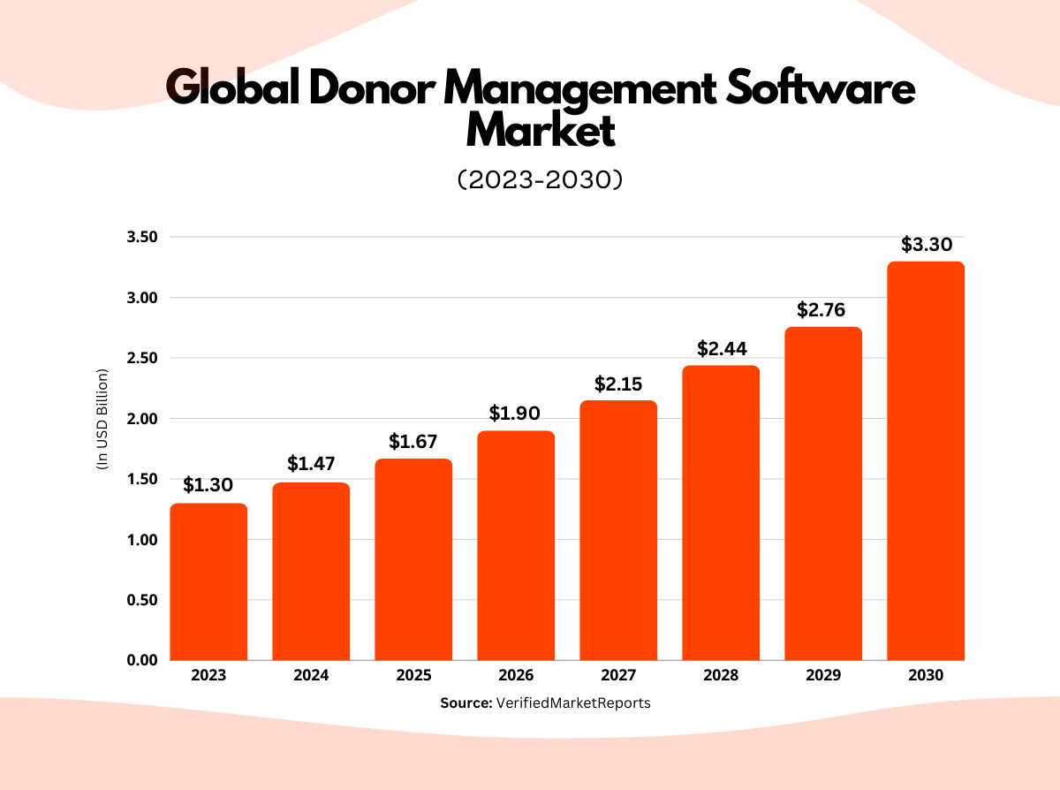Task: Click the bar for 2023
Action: point(208,581)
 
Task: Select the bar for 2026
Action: point(516,545)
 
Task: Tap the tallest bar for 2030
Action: point(926,460)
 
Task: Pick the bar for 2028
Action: point(721,513)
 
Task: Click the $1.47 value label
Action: point(311,463)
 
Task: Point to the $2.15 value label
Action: point(618,384)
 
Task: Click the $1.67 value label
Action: point(413,440)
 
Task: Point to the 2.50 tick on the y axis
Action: point(140,358)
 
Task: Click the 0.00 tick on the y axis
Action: point(140,660)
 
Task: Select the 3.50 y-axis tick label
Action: point(140,237)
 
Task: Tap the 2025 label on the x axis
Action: point(413,676)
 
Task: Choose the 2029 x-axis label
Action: point(823,676)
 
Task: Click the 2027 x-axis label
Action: point(618,676)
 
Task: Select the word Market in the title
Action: point(540,131)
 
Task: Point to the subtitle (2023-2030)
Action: point(540,179)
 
